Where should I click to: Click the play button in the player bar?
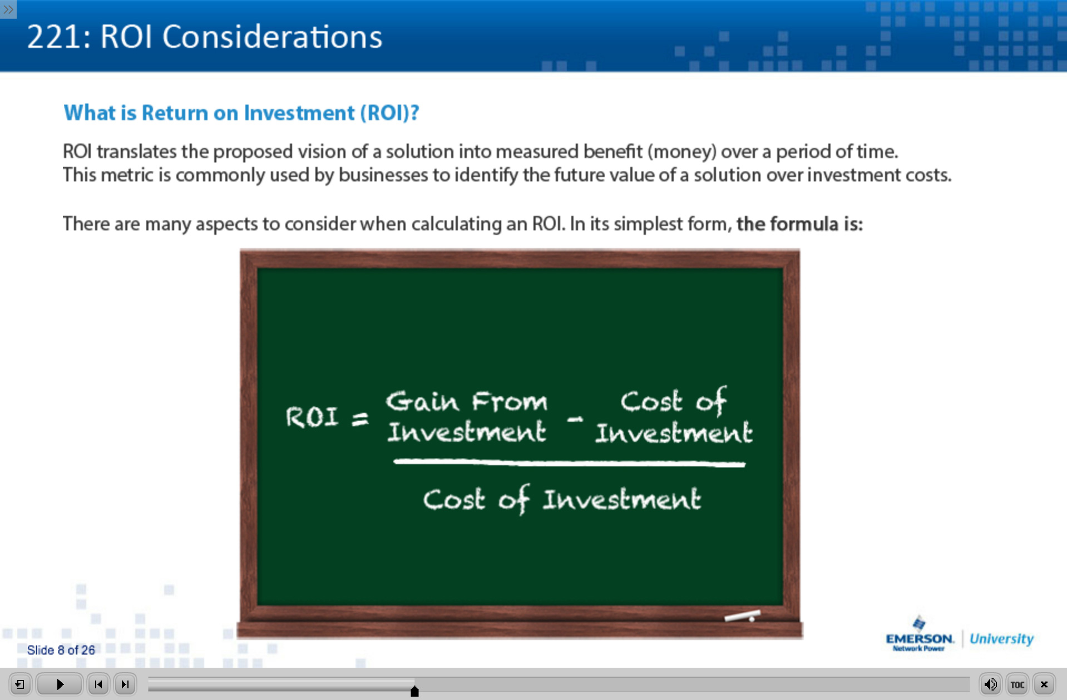pos(60,684)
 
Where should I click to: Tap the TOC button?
pos(1017,684)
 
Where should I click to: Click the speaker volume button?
pos(990,684)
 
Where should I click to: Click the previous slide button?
pos(98,684)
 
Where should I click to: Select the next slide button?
pos(125,684)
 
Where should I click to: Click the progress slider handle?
pos(414,691)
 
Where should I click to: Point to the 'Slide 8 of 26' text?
pos(61,650)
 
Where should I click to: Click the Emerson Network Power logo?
pos(920,634)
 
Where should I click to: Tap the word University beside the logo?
pos(1001,639)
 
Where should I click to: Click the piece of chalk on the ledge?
pos(742,615)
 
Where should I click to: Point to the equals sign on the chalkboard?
pos(360,418)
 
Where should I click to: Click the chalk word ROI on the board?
pos(312,417)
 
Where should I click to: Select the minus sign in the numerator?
pos(575,420)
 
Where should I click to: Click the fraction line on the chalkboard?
pos(569,462)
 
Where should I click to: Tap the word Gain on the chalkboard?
pos(422,401)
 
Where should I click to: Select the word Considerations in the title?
pos(272,37)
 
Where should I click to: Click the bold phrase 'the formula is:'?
pos(799,224)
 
